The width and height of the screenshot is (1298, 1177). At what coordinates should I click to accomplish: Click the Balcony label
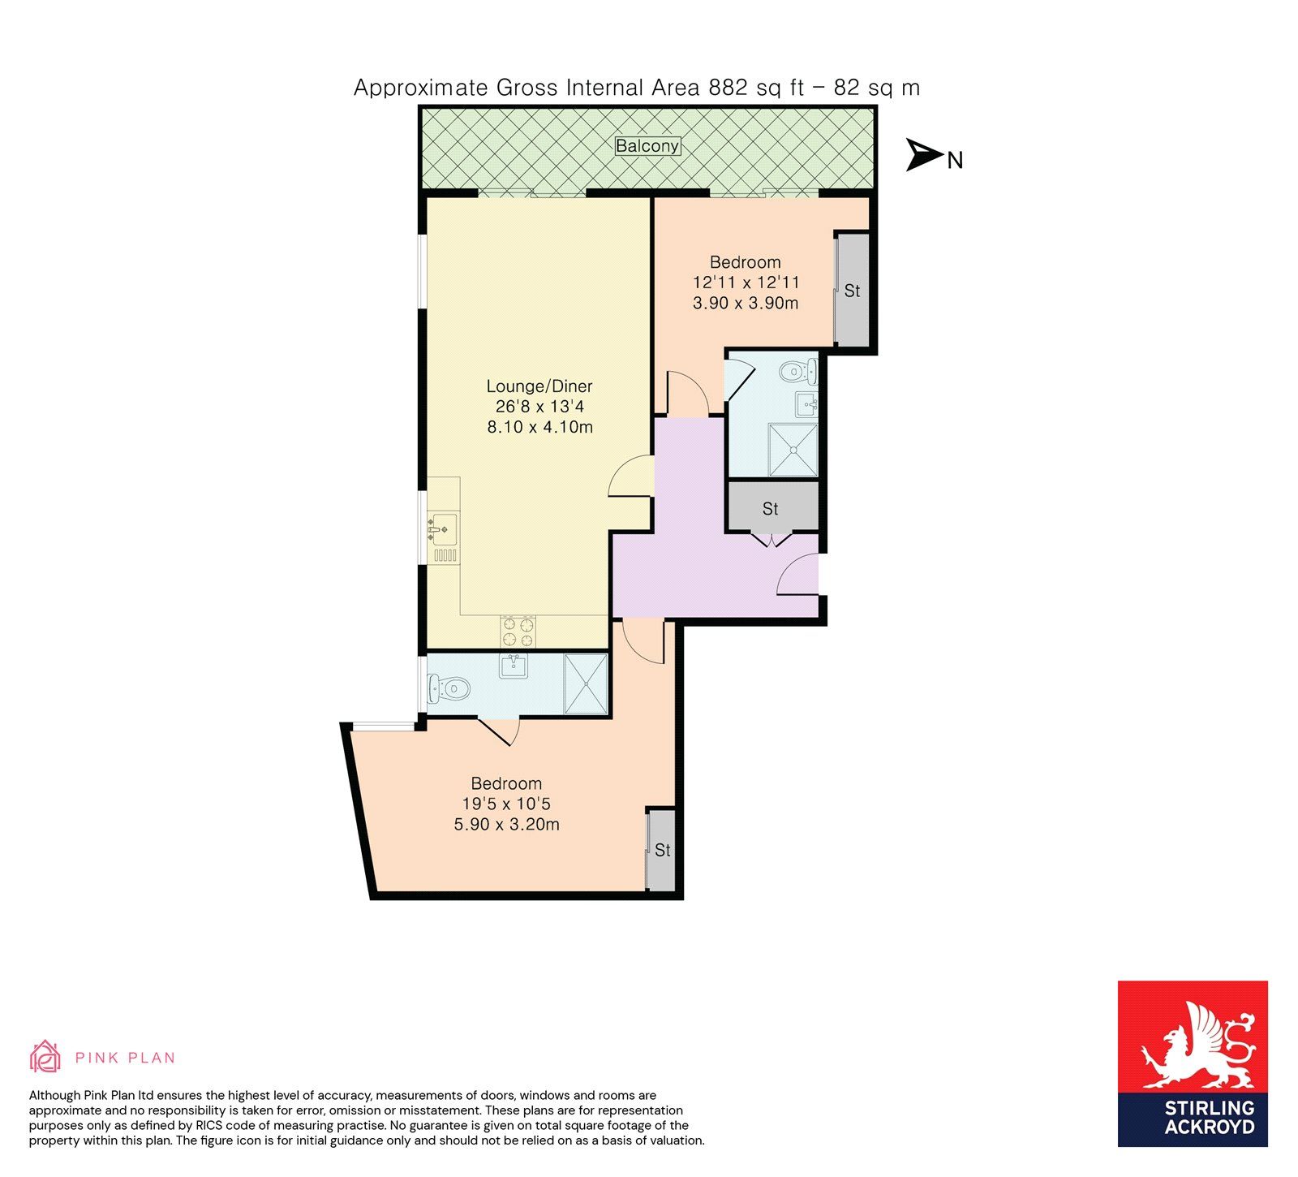[x=647, y=146]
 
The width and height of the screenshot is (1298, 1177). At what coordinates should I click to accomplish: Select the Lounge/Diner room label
[x=539, y=386]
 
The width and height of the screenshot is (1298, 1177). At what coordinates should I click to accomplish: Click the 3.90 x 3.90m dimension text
[x=746, y=304]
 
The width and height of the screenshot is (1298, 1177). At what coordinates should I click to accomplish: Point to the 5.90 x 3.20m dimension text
[x=507, y=825]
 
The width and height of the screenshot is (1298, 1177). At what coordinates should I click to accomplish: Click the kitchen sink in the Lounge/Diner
[x=441, y=529]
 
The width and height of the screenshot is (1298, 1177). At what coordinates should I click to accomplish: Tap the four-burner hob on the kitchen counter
[x=518, y=631]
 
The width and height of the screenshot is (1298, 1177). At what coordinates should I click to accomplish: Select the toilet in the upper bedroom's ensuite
[x=797, y=373]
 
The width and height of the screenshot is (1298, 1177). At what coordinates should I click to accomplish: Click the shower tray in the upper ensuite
[x=793, y=449]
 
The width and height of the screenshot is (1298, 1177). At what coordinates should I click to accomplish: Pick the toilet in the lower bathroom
[x=449, y=690]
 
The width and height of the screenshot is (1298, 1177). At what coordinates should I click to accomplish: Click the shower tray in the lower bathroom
[x=586, y=683]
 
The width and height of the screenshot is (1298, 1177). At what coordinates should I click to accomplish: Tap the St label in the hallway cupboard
[x=770, y=509]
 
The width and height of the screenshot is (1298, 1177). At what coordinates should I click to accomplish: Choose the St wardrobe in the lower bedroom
[x=661, y=850]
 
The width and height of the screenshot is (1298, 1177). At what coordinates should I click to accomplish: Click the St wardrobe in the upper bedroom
[x=852, y=290]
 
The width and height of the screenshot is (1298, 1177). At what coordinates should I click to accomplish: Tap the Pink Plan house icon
[x=45, y=1056]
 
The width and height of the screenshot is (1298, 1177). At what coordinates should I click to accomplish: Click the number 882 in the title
[x=728, y=88]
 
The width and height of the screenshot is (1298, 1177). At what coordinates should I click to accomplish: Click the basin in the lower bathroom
[x=513, y=666]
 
